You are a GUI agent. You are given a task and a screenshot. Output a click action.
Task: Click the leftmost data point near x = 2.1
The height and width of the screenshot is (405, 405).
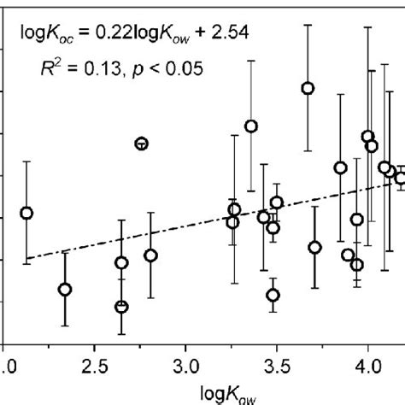tap(26, 213)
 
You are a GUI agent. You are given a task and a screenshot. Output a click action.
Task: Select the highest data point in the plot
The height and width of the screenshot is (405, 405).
tap(308, 88)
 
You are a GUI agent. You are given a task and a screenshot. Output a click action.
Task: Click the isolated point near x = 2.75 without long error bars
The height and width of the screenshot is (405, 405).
tap(142, 144)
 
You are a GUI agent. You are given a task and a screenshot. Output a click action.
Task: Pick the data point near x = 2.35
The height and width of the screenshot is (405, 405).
tap(64, 289)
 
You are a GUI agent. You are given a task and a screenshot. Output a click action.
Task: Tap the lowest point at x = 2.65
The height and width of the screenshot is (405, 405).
tap(121, 306)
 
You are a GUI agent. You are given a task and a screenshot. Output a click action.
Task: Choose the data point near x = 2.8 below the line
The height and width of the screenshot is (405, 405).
tap(150, 255)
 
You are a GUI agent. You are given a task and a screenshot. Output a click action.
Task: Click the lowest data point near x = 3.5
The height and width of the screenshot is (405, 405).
tap(273, 296)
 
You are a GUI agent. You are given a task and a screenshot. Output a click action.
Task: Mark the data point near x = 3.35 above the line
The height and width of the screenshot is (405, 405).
tap(250, 126)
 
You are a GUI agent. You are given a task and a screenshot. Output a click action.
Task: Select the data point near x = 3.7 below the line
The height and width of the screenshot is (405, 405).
tap(314, 247)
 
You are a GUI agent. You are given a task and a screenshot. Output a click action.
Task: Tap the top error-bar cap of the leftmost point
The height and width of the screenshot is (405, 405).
tap(26, 161)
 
